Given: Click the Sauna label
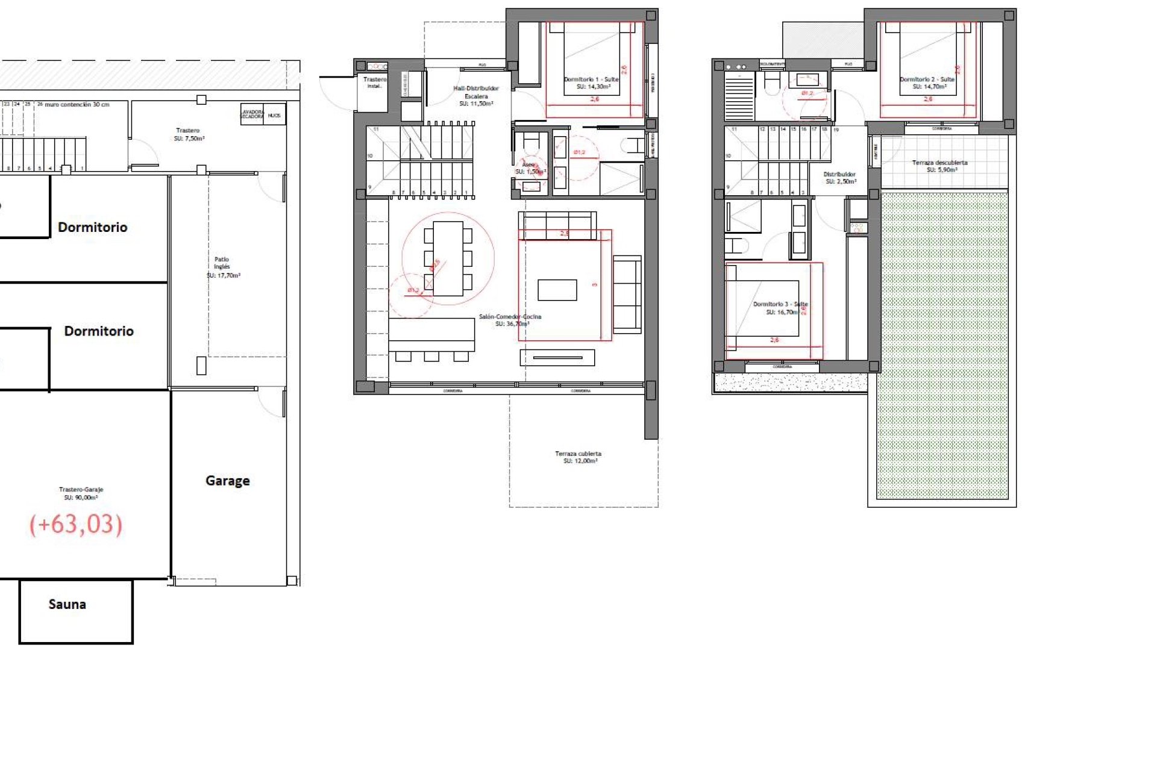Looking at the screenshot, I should [x=67, y=604].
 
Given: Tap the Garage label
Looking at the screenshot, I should [x=227, y=481].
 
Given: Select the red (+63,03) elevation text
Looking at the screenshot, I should [x=76, y=524].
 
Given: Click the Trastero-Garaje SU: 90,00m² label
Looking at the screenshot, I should [x=81, y=493].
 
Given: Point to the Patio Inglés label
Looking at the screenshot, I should [x=222, y=267].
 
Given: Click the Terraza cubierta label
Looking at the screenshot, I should [x=578, y=457].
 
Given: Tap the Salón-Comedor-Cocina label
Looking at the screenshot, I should [x=510, y=320].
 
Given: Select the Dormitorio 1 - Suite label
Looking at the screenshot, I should [x=591, y=83].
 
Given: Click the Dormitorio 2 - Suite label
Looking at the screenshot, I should [x=927, y=83].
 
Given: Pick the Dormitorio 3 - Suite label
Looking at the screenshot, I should [x=780, y=308].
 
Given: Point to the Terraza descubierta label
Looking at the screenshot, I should [x=939, y=166].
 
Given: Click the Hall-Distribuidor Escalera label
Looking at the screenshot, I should [x=476, y=96].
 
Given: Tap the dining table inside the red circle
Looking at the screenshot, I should [x=448, y=258].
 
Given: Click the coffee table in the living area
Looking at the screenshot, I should [x=557, y=290].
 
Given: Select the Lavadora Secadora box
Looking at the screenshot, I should [x=252, y=114].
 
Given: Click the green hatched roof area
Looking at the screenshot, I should [x=942, y=343].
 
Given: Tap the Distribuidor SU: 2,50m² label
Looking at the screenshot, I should [x=839, y=178].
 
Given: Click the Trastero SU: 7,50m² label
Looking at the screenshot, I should [x=189, y=134].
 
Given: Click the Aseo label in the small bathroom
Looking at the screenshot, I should [x=529, y=167].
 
